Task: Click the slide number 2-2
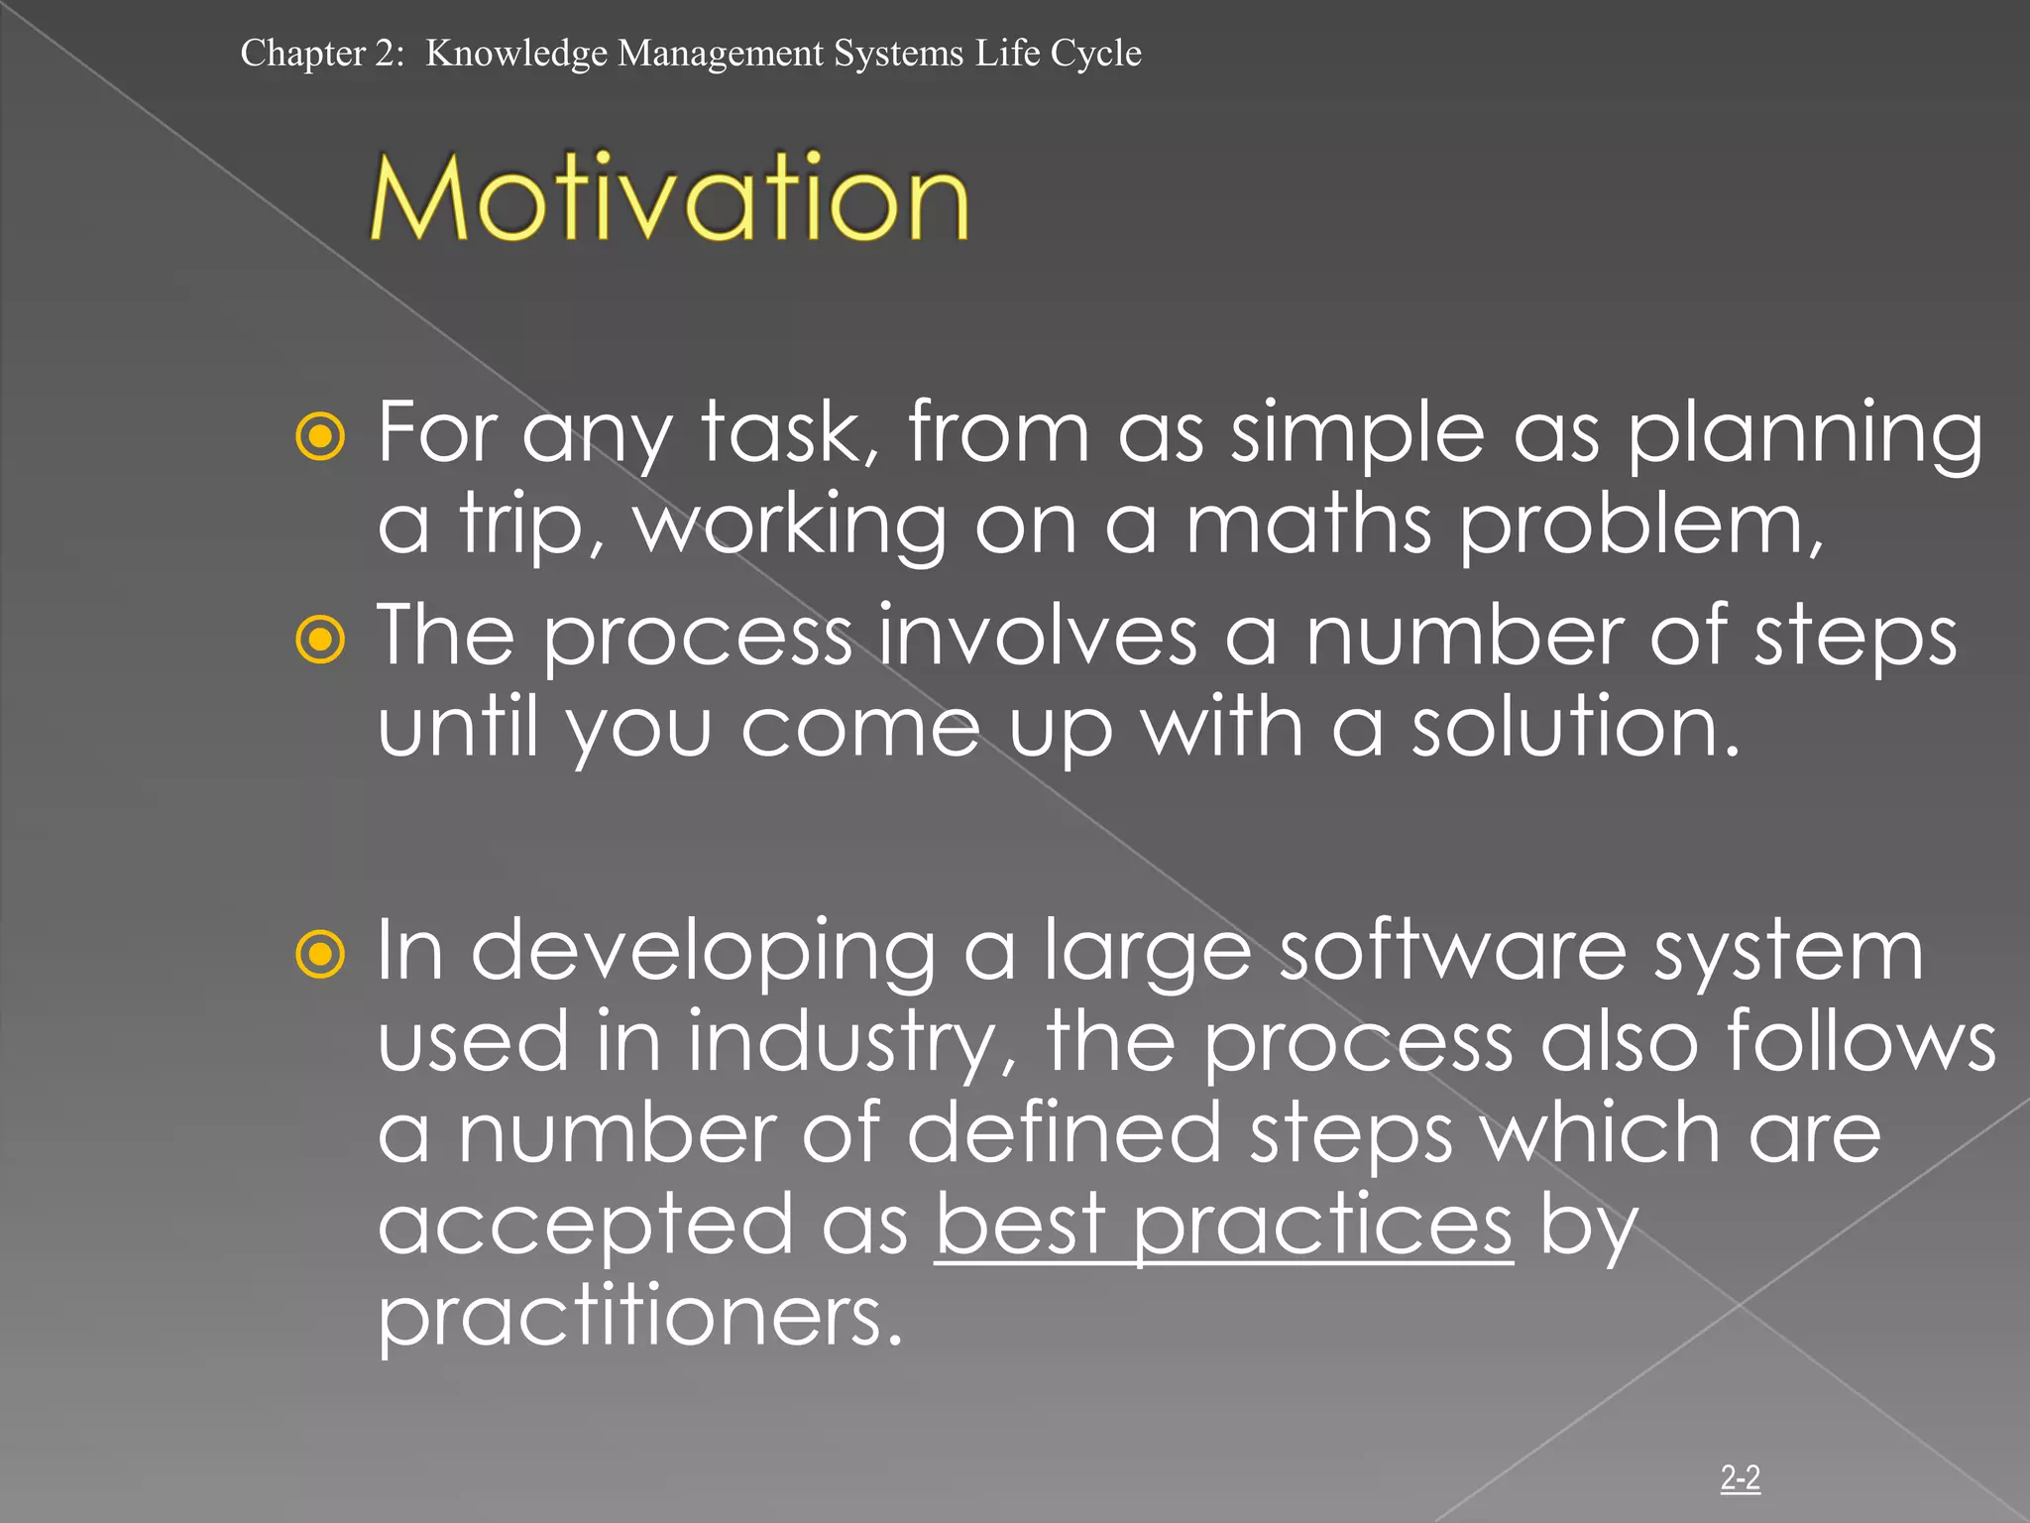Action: (1740, 1477)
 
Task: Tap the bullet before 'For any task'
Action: (320, 436)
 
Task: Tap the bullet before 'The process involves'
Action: (320, 641)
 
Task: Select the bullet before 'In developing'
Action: (320, 955)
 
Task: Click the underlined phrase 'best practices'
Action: (1223, 1226)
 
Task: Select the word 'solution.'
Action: (1575, 727)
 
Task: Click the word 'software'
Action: (1452, 950)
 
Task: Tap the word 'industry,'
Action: (852, 1043)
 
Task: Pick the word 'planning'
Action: (1804, 434)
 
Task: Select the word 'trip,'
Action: (531, 526)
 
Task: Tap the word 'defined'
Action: (1064, 1133)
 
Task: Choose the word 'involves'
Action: (1038, 636)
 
